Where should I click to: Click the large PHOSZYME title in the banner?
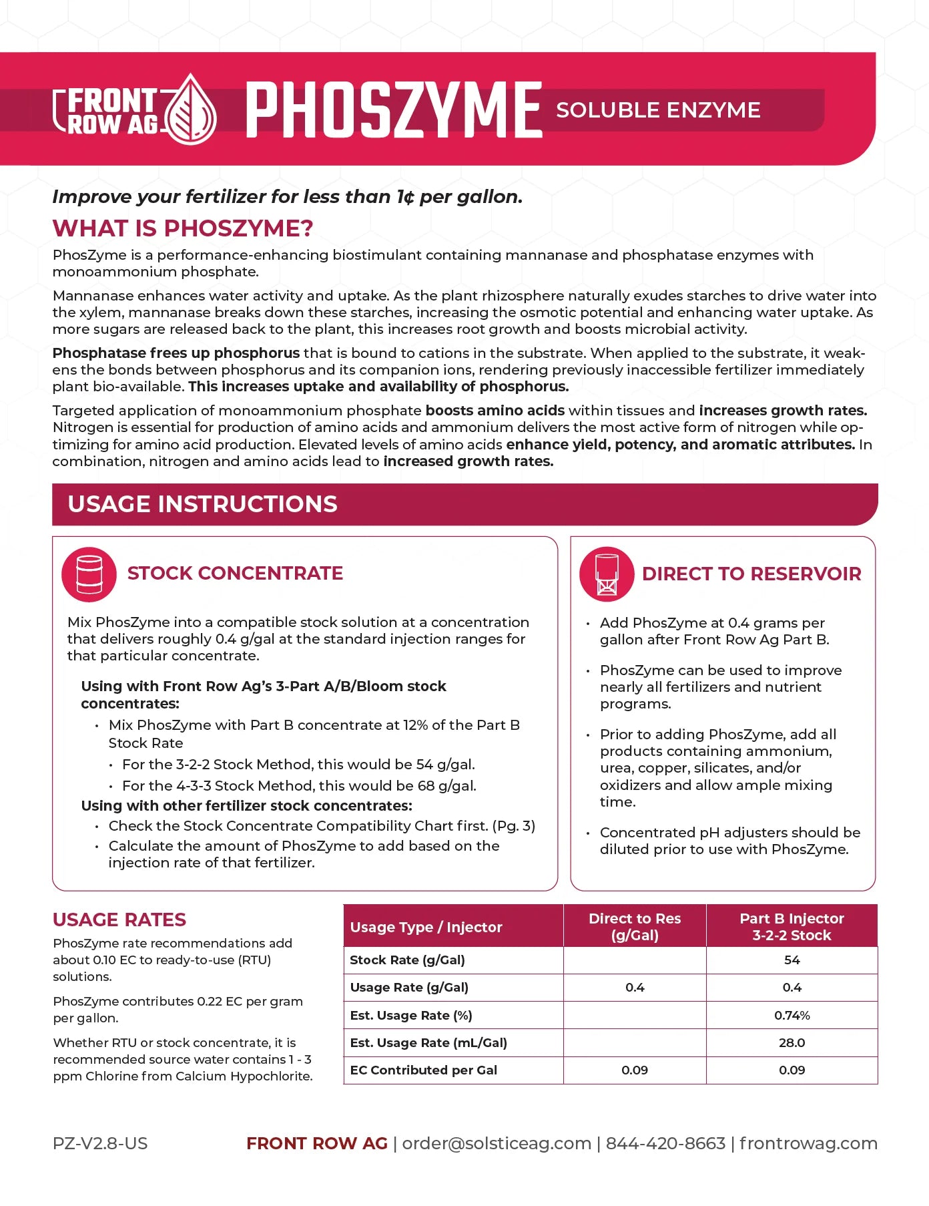tap(394, 110)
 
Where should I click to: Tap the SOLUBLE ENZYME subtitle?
tap(658, 110)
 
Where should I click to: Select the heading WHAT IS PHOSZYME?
tap(183, 228)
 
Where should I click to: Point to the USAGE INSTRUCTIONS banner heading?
tap(203, 504)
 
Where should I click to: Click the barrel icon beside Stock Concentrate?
tap(89, 574)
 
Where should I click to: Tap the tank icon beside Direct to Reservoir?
tap(607, 574)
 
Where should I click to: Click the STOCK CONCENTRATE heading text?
tap(235, 573)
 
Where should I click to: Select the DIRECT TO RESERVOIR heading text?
tap(751, 574)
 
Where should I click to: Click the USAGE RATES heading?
tap(119, 920)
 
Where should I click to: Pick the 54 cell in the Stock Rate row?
tap(792, 960)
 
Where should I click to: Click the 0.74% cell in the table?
tap(792, 1015)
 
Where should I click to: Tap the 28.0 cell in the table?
tap(792, 1042)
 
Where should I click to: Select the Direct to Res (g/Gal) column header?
tap(635, 927)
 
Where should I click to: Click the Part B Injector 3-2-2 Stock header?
tap(792, 927)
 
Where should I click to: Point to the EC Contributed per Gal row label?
tap(424, 1070)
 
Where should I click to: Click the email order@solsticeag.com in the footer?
tap(497, 1143)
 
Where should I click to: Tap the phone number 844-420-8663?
tap(665, 1143)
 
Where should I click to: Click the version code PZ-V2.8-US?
tap(100, 1143)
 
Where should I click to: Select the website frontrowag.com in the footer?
tap(808, 1143)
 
